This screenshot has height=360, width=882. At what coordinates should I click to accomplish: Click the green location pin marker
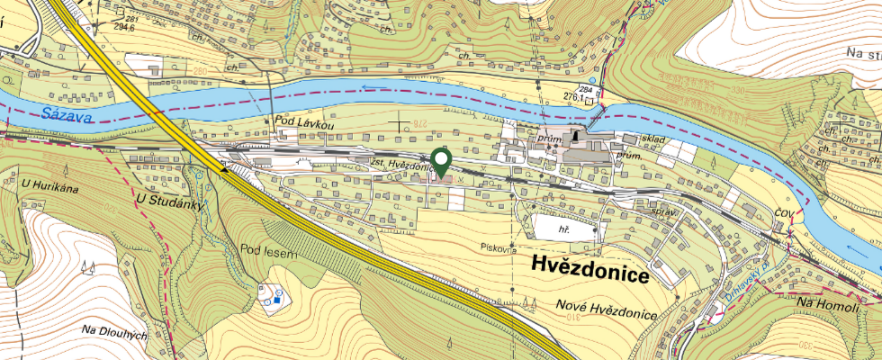[x=441, y=160]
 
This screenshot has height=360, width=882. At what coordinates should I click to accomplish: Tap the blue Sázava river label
[x=60, y=114]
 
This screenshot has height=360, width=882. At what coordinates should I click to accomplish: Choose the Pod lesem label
[x=268, y=251]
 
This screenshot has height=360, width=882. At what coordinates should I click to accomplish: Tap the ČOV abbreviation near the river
[x=782, y=211]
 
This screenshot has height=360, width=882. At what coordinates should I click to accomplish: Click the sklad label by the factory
[x=652, y=140]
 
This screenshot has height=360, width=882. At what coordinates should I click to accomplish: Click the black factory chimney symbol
[x=573, y=133]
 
